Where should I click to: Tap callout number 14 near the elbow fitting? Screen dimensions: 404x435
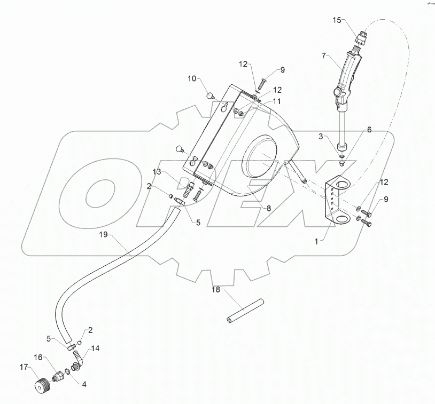coord(95,348)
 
